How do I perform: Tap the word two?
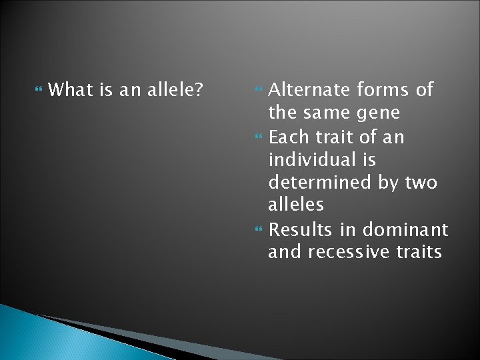pos(419,183)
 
